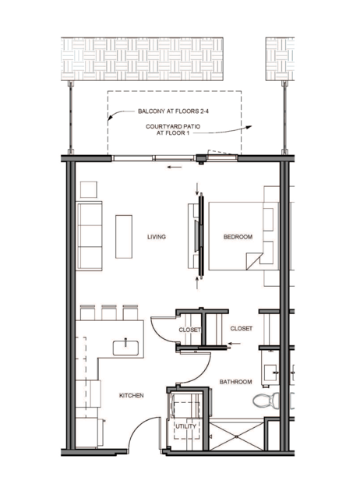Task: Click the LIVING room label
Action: pos(157,237)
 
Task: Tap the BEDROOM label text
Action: pos(238,237)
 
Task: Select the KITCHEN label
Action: pos(131,395)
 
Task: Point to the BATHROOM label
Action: pos(235,382)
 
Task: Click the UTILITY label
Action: pos(185,426)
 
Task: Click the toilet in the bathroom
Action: pos(266,401)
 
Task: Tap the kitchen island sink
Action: pos(125,348)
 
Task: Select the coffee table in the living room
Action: pos(124,237)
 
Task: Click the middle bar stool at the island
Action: pos(109,313)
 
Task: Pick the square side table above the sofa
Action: pos(89,189)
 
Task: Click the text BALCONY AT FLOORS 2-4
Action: pos(173,111)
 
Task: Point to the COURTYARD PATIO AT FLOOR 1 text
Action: pos(173,129)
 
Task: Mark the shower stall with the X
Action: pos(237,436)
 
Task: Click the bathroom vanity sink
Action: pos(271,373)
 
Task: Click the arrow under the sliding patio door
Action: pos(175,167)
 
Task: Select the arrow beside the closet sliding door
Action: pos(235,344)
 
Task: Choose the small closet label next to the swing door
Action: pos(189,330)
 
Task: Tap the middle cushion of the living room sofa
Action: pos(90,235)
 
